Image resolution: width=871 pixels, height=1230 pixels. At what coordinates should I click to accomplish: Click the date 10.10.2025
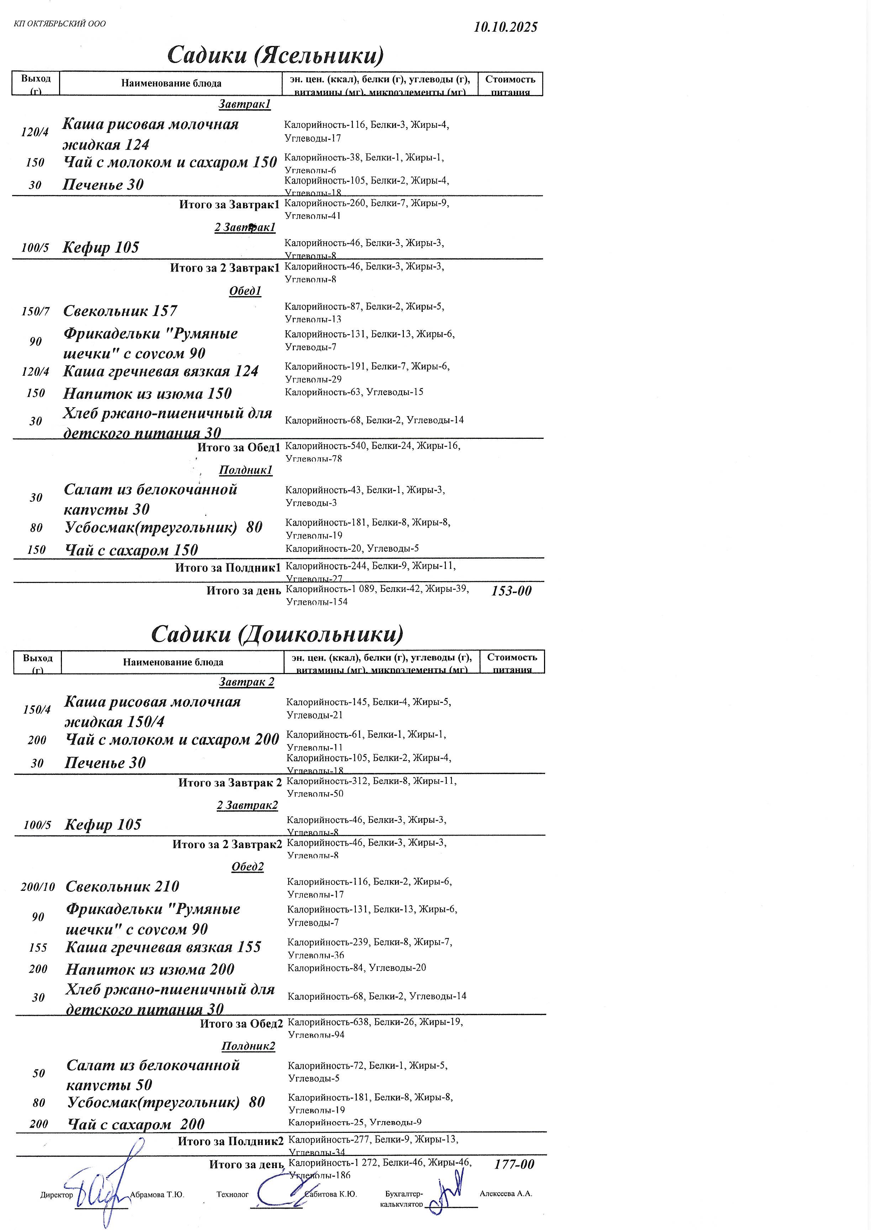click(505, 27)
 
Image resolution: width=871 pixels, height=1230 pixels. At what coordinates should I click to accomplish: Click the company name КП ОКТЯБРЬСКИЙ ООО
click(60, 23)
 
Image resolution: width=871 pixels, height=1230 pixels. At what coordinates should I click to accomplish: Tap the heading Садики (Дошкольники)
click(277, 634)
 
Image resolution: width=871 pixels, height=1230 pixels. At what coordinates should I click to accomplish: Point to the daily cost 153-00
click(511, 590)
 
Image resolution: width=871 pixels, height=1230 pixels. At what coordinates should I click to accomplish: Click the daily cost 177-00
click(514, 1164)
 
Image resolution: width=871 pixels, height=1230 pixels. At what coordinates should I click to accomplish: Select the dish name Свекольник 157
click(120, 311)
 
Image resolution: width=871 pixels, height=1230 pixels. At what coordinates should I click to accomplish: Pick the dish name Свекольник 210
click(122, 887)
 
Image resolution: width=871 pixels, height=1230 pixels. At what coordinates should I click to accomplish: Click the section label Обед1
click(245, 291)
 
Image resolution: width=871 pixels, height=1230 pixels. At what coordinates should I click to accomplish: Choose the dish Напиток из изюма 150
click(148, 394)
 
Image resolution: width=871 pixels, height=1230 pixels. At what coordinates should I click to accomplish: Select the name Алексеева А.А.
click(506, 1194)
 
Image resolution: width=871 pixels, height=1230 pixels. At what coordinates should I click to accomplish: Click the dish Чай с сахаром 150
click(131, 550)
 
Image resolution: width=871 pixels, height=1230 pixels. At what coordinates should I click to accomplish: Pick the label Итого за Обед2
click(241, 1024)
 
